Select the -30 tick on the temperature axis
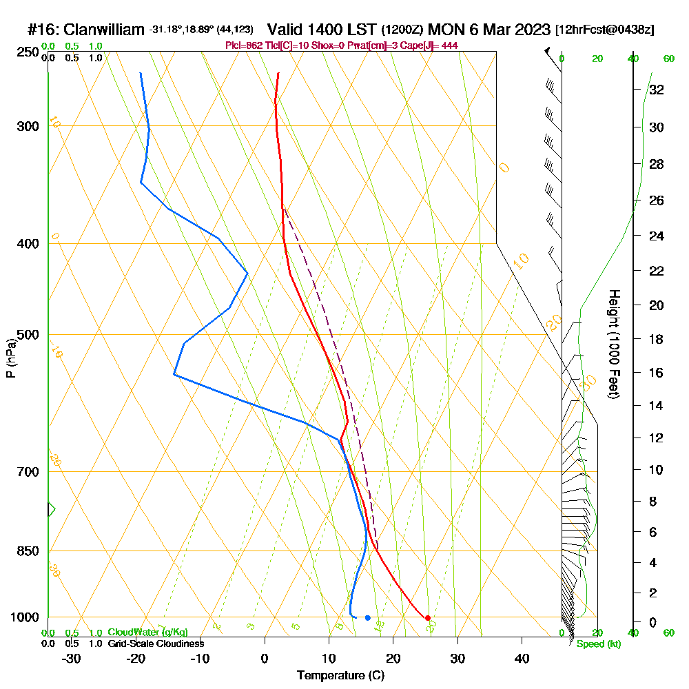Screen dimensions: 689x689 point(72,657)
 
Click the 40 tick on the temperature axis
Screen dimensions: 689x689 point(522,657)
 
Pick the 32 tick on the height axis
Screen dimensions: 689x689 point(657,90)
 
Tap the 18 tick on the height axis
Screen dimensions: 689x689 point(657,339)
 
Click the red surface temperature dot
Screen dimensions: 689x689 point(428,618)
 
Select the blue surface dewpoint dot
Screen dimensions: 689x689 point(367,617)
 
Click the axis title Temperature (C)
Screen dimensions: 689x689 point(340,675)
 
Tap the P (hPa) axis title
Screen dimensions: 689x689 point(10,358)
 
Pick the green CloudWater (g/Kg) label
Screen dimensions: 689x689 point(147,633)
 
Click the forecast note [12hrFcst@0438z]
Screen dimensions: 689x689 point(604,30)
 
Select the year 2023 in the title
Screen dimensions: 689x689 point(531,30)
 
